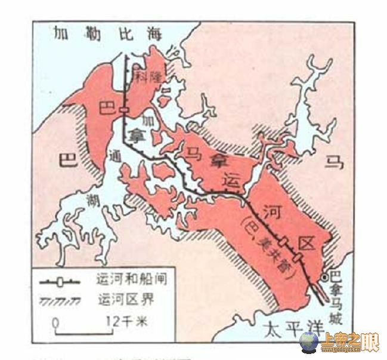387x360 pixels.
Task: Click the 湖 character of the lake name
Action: point(92,197)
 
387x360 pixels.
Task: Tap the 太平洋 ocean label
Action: point(289,327)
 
